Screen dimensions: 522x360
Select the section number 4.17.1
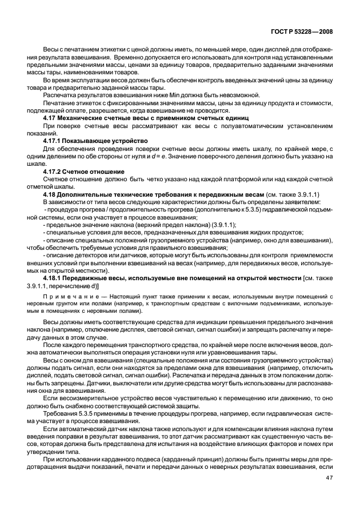[55, 140]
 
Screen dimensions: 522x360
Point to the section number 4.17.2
[55, 170]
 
